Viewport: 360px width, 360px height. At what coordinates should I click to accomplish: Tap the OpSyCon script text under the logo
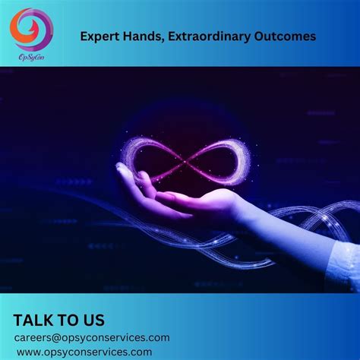click(31, 55)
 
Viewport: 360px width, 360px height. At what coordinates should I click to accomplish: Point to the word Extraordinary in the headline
click(210, 35)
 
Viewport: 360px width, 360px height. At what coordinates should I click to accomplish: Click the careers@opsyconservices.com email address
click(91, 337)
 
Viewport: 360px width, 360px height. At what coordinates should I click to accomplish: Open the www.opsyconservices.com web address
click(84, 352)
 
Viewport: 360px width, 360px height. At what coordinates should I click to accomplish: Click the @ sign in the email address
click(58, 337)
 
